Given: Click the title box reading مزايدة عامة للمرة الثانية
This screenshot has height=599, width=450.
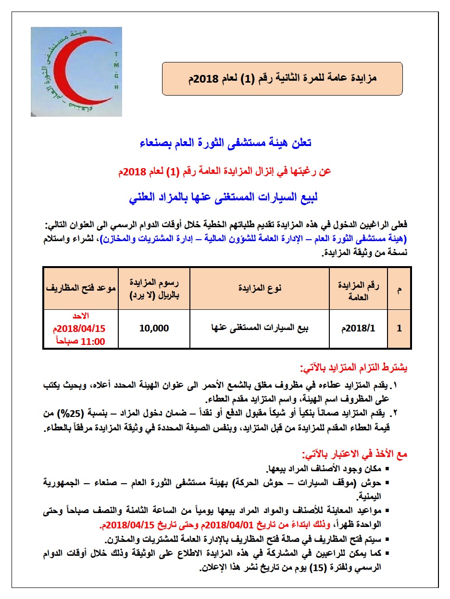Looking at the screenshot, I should point(282,78).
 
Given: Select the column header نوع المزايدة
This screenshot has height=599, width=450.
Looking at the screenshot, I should point(260,288).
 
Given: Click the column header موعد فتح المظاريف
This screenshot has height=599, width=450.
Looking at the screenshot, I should point(81,288).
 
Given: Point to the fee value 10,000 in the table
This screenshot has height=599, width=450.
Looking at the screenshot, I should point(154,329).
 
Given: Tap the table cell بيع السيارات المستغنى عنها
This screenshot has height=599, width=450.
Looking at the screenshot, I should point(260,329).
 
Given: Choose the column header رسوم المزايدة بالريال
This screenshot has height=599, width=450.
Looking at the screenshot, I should point(154,288).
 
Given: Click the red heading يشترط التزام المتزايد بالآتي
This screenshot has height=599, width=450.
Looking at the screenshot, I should point(353,368).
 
